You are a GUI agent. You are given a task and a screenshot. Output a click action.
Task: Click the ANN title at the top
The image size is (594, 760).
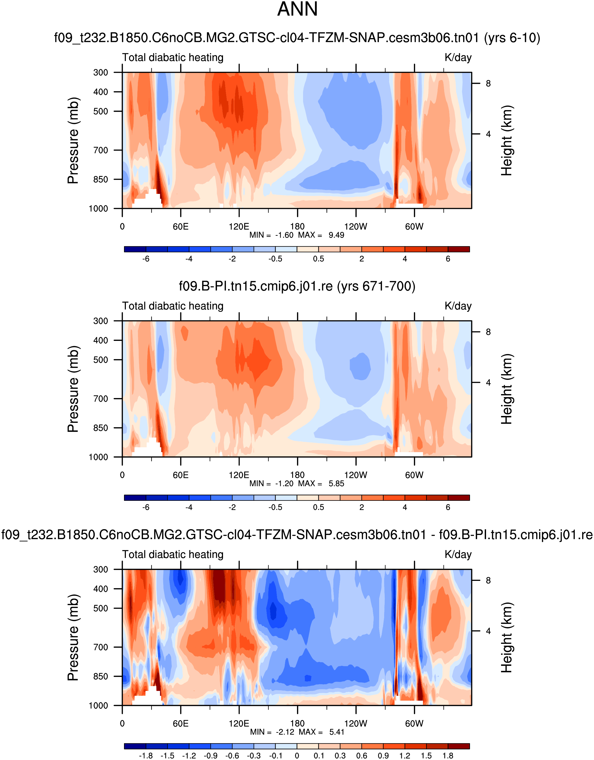tap(297, 9)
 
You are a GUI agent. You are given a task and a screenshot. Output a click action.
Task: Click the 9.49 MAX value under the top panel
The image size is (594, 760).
tap(336, 235)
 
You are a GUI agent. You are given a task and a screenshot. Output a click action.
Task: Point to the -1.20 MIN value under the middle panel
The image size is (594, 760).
tap(284, 484)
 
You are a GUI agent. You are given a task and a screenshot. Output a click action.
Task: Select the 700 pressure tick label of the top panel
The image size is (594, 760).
tap(101, 150)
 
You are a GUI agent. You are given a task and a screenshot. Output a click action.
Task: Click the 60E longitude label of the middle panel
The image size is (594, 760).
tap(181, 475)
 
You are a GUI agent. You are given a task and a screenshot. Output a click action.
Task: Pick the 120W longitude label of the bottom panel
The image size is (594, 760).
tap(356, 724)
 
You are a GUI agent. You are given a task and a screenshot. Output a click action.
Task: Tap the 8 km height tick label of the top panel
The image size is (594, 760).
tap(488, 84)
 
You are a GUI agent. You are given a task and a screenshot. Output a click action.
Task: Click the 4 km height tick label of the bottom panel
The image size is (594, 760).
tap(488, 631)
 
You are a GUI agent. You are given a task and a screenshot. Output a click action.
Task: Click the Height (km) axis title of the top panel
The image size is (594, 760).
tap(507, 141)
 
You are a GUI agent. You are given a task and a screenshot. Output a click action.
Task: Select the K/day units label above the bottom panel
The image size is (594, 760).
tap(458, 555)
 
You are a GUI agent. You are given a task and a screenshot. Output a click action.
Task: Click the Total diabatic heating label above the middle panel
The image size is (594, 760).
tap(173, 306)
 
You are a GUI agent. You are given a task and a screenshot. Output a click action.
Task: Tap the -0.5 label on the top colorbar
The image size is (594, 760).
tap(275, 259)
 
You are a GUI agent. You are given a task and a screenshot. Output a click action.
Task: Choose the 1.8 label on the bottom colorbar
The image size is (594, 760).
tap(448, 756)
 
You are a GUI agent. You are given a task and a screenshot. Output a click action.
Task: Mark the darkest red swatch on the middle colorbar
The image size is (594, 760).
tap(459, 498)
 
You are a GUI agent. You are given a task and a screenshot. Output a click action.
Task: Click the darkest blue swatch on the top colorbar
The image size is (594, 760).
tap(135, 249)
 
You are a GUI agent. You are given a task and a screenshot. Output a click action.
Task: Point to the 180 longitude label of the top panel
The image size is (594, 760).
tap(297, 227)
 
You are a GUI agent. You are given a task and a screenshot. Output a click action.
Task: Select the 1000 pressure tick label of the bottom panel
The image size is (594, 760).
tap(98, 706)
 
